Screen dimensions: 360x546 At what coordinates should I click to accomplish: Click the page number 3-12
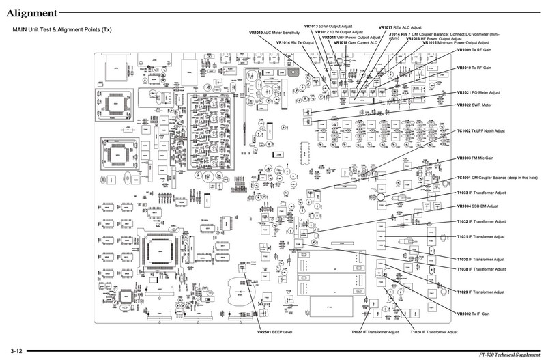coord(16,350)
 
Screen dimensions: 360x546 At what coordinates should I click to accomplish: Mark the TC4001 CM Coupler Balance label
coord(498,178)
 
